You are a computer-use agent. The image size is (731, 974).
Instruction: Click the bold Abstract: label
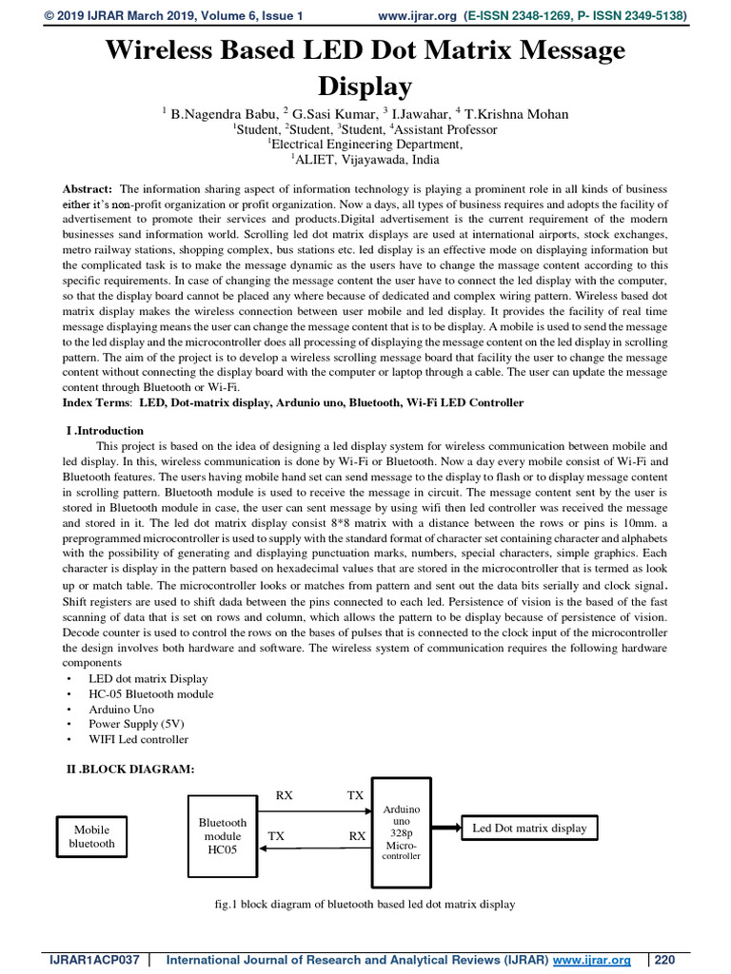tap(88, 189)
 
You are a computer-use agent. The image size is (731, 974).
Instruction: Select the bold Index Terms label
tap(98, 402)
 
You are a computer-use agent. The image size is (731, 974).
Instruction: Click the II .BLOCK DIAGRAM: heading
tap(128, 769)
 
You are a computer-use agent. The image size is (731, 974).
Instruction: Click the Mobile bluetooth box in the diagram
tap(92, 837)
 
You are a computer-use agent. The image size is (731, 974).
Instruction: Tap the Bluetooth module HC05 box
tap(222, 836)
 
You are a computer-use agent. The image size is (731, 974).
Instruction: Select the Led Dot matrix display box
tap(529, 828)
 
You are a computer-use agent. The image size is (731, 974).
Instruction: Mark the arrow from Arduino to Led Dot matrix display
tap(446, 828)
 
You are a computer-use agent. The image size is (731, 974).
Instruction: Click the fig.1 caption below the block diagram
tap(365, 904)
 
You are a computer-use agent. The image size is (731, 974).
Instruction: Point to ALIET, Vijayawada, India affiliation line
tap(365, 160)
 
